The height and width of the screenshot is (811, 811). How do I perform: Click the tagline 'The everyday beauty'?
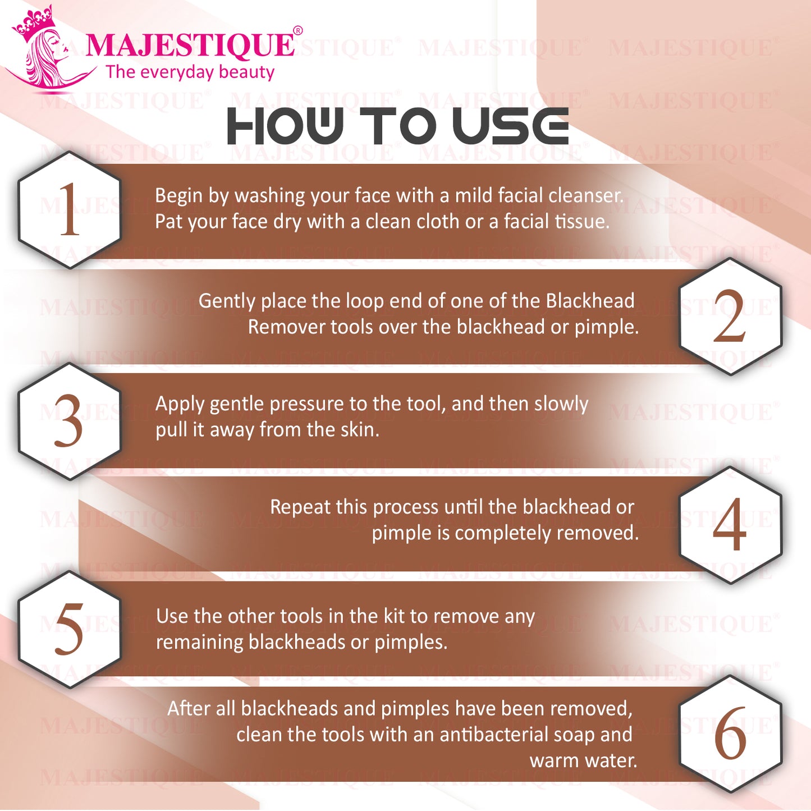pyautogui.click(x=190, y=72)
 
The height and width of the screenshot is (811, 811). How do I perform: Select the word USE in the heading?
pyautogui.click(x=512, y=126)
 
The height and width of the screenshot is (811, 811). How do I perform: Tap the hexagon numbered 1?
pyautogui.click(x=70, y=209)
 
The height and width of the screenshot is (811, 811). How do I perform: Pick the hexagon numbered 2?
pyautogui.click(x=731, y=317)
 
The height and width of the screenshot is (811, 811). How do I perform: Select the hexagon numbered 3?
pyautogui.click(x=70, y=421)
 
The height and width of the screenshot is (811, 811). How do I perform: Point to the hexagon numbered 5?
pyautogui.click(x=70, y=630)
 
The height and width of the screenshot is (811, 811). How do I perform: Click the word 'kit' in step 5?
pyautogui.click(x=395, y=617)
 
